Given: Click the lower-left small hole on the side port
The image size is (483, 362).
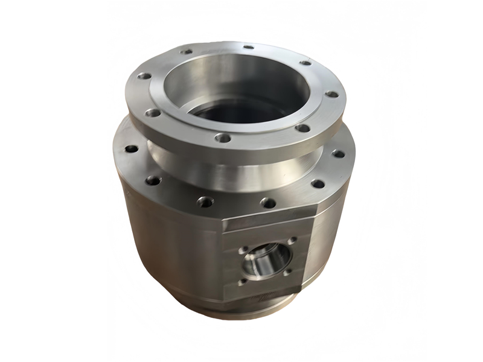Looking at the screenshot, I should pos(242,281).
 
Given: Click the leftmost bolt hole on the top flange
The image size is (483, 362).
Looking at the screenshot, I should pos(144,77).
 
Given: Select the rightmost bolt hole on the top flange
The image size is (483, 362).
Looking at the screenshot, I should pos(331,95).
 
